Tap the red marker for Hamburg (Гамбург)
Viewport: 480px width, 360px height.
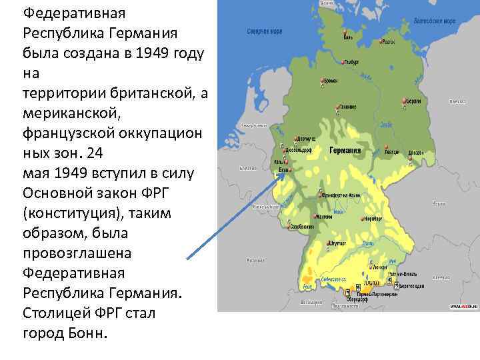point(343,62)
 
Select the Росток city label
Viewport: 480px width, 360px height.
point(389,41)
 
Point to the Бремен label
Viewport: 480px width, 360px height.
point(331,81)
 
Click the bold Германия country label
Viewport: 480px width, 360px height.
point(345,151)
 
